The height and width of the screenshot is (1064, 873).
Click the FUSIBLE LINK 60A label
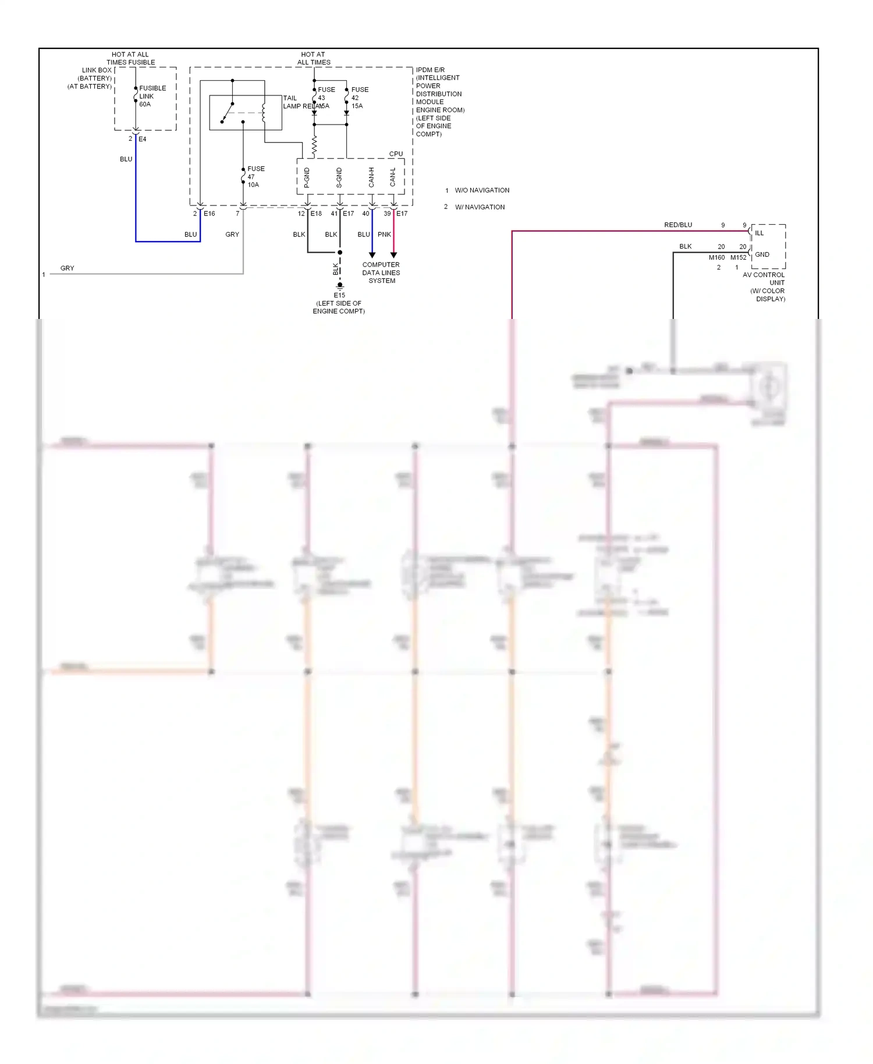click(x=152, y=96)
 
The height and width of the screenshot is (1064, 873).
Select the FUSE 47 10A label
click(x=255, y=176)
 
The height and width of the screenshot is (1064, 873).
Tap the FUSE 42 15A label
click(x=359, y=98)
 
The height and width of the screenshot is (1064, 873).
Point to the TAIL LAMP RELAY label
click(x=298, y=102)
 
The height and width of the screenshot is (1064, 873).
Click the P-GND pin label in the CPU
click(x=307, y=178)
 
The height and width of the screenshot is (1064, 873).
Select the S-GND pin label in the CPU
click(x=339, y=178)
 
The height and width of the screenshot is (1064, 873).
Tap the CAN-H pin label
click(x=371, y=178)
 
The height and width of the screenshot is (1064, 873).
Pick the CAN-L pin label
click(x=393, y=178)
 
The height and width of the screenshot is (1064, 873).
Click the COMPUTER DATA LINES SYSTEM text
click(x=381, y=272)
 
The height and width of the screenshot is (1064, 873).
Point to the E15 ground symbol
click(x=340, y=286)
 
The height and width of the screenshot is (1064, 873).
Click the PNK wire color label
click(x=384, y=235)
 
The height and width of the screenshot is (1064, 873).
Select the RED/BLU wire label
click(x=678, y=225)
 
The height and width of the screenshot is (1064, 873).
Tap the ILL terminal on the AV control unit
click(x=759, y=233)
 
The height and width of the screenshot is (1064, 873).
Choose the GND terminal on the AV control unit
click(x=762, y=254)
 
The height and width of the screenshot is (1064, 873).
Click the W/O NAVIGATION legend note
click(x=481, y=190)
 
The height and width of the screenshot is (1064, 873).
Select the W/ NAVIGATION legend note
click(x=479, y=207)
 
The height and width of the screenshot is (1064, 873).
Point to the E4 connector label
click(x=143, y=139)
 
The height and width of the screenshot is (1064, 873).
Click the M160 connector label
click(x=716, y=257)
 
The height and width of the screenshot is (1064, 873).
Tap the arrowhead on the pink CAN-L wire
click(x=393, y=255)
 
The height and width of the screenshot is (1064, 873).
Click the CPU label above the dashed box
click(x=396, y=154)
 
